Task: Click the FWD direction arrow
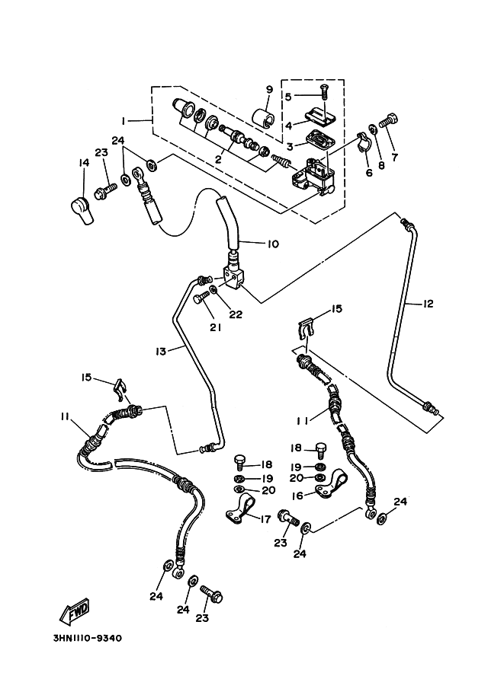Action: (x=75, y=611)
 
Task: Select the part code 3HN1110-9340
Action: (x=85, y=638)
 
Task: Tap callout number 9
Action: (x=268, y=90)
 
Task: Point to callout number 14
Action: (x=83, y=162)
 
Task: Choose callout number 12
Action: (x=428, y=304)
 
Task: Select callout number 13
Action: (x=161, y=351)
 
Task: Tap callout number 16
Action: (x=297, y=496)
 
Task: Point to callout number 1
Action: (x=122, y=120)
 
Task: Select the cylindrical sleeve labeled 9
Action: (x=264, y=120)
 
